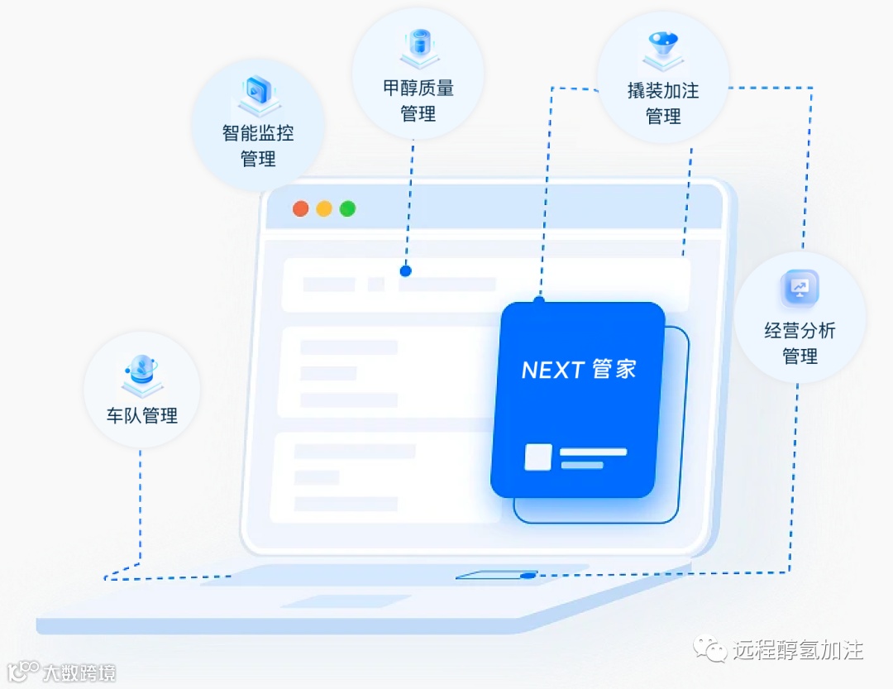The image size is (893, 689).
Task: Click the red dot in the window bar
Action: [300, 208]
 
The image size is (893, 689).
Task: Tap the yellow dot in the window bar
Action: [324, 208]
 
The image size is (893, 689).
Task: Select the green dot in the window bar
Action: [348, 208]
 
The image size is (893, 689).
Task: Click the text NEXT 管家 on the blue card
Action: [579, 370]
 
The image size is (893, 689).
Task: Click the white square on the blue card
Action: [538, 457]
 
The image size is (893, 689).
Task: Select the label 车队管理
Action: [142, 415]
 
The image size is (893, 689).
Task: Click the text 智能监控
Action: [258, 132]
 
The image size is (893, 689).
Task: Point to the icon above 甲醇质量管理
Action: [418, 46]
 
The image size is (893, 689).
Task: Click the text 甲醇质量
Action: [418, 89]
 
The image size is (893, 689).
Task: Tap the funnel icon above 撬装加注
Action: [663, 47]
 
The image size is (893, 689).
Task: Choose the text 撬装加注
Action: [663, 91]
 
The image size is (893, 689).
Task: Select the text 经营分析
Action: [800, 331]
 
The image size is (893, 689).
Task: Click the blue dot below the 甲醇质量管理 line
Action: [405, 270]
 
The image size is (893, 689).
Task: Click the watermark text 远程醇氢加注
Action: [798, 650]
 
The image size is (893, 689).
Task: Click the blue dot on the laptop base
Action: [528, 574]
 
